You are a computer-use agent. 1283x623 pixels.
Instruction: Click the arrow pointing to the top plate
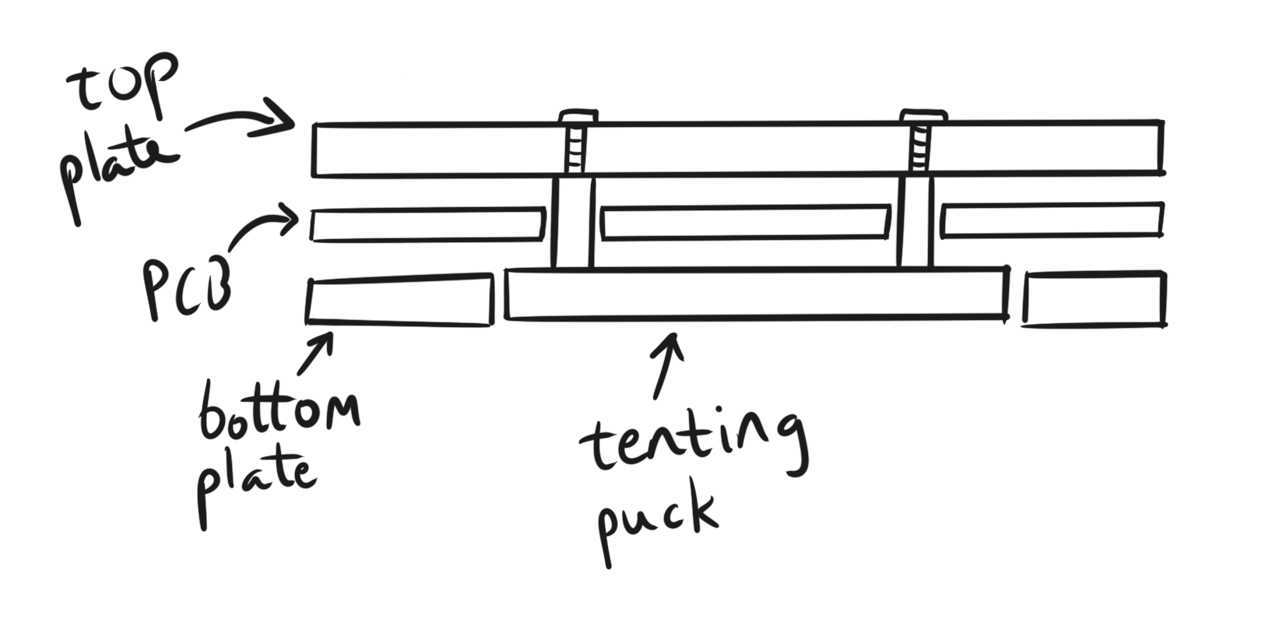(x=241, y=121)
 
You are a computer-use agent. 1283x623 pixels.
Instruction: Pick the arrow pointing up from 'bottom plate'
(x=315, y=354)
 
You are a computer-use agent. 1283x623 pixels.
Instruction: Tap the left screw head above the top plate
(x=578, y=116)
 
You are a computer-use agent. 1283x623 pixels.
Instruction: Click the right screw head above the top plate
(x=923, y=115)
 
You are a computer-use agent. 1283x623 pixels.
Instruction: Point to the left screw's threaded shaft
(x=575, y=149)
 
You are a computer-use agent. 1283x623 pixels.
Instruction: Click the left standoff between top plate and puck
(x=572, y=223)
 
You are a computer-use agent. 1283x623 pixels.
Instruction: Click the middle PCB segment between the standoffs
(x=746, y=221)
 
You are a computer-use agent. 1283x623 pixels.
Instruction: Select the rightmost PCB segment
(x=1053, y=219)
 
